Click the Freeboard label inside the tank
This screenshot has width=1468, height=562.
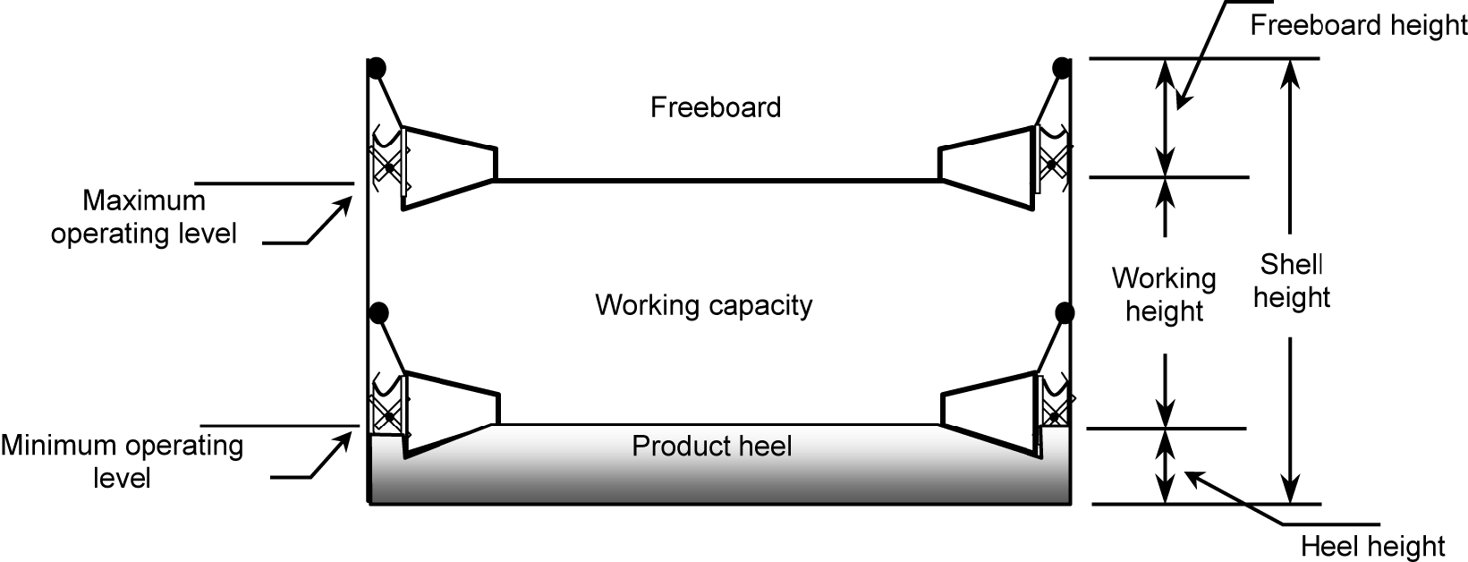pos(715,107)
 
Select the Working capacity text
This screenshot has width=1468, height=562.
pos(703,305)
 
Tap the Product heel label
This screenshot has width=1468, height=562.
pos(711,446)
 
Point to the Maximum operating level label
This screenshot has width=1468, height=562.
pos(143,217)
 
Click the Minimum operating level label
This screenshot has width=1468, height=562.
pos(123,461)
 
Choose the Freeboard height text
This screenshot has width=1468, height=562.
pos(1357,25)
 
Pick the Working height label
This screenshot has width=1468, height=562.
pos(1163,294)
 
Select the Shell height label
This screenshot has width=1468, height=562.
pos(1291,280)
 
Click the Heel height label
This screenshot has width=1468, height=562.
pos(1372,545)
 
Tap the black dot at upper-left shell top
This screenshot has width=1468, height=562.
pos(378,67)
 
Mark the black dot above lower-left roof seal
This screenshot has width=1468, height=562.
pos(378,312)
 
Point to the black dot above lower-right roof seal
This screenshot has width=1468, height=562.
pos(1064,312)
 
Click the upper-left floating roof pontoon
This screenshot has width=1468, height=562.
pos(447,166)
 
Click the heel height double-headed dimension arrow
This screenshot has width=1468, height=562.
pos(1164,466)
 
